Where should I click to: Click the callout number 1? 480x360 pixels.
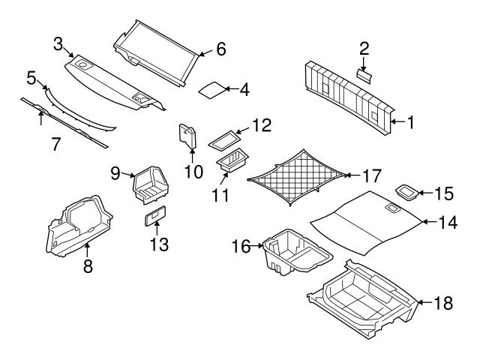(x=409, y=121)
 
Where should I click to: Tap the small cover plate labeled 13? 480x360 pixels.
(x=156, y=216)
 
